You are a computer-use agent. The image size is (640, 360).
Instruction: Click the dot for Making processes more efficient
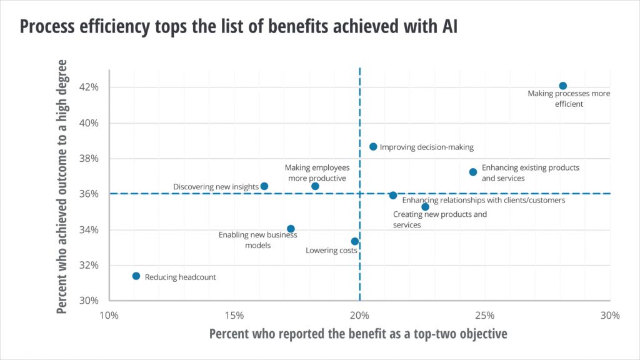[x=562, y=86]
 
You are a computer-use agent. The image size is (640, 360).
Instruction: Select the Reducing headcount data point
[x=136, y=276]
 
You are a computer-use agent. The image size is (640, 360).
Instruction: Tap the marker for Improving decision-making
[x=373, y=147]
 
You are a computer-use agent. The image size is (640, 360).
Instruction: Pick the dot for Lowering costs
[x=355, y=241]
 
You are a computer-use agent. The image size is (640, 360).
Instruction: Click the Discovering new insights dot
[x=264, y=186]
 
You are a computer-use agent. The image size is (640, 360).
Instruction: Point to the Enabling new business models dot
[x=291, y=229]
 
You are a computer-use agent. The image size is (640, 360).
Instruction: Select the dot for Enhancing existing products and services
[x=473, y=172]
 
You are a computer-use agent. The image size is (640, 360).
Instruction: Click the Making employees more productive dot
[x=315, y=186]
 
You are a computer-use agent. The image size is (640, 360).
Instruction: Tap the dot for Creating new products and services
[x=425, y=207]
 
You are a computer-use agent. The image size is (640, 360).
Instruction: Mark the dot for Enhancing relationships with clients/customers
[x=393, y=196]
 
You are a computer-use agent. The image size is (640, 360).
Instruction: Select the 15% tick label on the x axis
[x=234, y=315]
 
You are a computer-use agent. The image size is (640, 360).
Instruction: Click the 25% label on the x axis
[x=485, y=315]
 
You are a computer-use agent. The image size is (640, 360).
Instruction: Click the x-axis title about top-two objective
[x=358, y=334]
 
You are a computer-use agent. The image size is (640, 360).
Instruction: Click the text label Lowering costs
[x=331, y=251]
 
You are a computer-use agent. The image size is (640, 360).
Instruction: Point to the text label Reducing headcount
[x=180, y=277]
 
